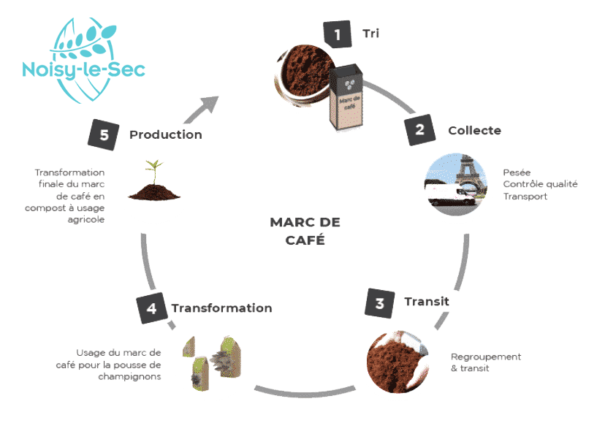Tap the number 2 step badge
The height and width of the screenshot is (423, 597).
[419, 131]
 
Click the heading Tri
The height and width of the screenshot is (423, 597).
[370, 33]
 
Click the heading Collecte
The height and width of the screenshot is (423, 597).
[474, 131]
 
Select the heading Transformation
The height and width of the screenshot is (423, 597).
[221, 308]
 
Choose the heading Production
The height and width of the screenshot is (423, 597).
[165, 134]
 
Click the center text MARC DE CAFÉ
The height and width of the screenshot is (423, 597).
[305, 230]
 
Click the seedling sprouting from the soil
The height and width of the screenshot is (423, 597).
[153, 172]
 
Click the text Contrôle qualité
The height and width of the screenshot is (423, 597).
[540, 184]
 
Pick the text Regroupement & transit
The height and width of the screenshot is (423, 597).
[485, 362]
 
